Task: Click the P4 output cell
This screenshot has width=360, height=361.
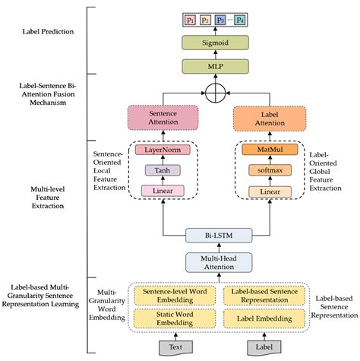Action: (x=240, y=19)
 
